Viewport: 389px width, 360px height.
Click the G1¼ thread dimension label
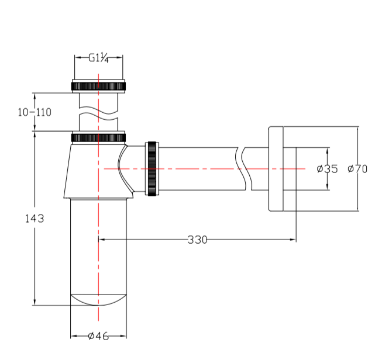pyautogui.click(x=98, y=58)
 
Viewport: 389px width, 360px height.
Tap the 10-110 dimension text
pyautogui.click(x=35, y=112)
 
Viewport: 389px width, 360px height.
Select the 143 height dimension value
pyautogui.click(x=35, y=219)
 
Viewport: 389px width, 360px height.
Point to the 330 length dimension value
pyautogui.click(x=197, y=240)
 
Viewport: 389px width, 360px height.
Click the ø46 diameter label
pyautogui.click(x=98, y=336)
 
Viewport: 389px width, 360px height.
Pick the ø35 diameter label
pyautogui.click(x=327, y=169)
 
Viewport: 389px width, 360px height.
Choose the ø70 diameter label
pyautogui.click(x=357, y=169)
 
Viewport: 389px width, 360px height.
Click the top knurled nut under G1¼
pyautogui.click(x=98, y=86)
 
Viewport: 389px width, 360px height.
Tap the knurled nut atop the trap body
pyautogui.click(x=98, y=137)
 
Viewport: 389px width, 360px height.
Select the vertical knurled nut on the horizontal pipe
pyautogui.click(x=152, y=169)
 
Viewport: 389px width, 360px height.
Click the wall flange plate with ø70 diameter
pyautogui.click(x=276, y=169)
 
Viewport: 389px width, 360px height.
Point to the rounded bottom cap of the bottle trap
pyautogui.click(x=98, y=300)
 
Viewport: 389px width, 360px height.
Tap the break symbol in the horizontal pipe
pyautogui.click(x=243, y=169)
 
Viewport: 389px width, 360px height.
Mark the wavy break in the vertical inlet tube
pyautogui.click(x=98, y=113)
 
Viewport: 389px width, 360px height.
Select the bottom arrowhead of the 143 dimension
pyautogui.click(x=35, y=302)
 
